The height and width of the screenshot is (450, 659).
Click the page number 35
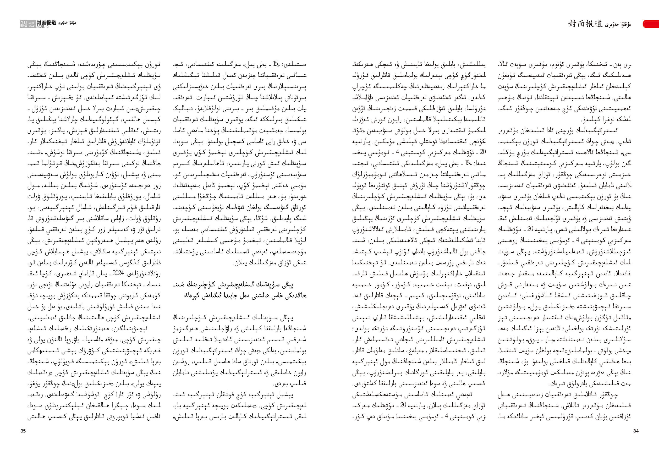pos(23,431)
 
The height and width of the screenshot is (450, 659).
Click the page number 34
pos(635,431)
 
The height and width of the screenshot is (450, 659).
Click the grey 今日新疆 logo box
pos(24,24)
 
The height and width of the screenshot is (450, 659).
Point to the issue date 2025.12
pos(42,27)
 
